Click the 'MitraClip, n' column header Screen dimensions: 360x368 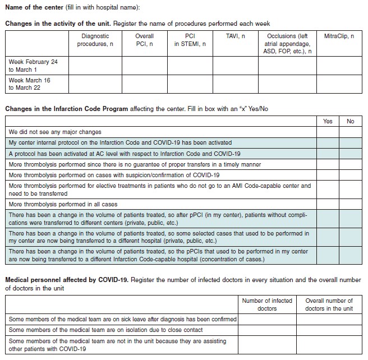point(339,36)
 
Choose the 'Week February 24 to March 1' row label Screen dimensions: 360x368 point(33,66)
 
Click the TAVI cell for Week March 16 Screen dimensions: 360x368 point(234,84)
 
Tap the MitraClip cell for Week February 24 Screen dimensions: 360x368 point(339,66)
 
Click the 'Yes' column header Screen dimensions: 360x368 point(328,121)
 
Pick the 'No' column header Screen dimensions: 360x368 point(351,121)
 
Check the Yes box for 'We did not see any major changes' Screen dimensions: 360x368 point(328,132)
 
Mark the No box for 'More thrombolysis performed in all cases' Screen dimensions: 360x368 point(351,205)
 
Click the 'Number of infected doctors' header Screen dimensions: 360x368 point(266,304)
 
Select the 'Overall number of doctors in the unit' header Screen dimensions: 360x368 point(329,304)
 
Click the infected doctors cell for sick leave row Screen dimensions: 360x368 point(266,319)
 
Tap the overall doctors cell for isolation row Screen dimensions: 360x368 point(329,330)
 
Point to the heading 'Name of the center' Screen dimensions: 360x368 point(35,7)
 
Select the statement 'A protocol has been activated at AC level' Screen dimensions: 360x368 point(125,154)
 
